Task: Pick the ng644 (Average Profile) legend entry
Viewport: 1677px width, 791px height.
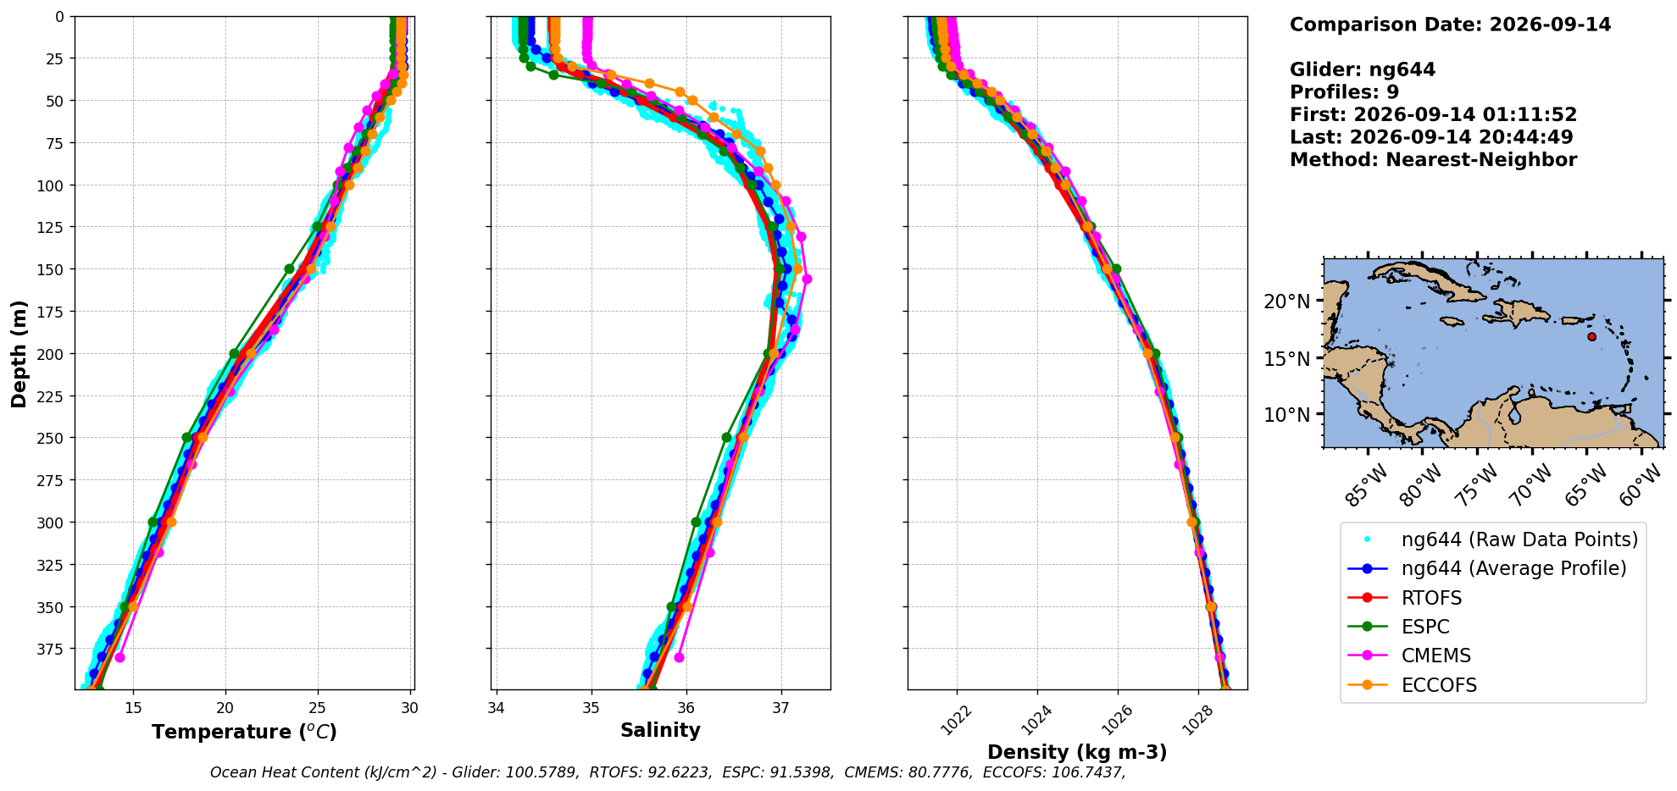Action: coord(1487,568)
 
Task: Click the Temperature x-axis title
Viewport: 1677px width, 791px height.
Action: coord(244,732)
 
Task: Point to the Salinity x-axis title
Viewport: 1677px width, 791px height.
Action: coord(660,731)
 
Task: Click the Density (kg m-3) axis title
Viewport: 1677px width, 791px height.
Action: coord(1077,752)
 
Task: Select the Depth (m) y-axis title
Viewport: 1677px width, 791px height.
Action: coord(19,353)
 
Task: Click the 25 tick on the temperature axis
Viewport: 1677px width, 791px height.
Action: coord(318,708)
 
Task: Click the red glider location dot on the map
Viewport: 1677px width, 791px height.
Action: coord(1591,336)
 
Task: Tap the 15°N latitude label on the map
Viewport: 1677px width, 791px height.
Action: coord(1286,359)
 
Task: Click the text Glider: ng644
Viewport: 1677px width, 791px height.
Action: coord(1363,69)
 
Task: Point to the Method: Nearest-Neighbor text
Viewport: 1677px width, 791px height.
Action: coord(1433,159)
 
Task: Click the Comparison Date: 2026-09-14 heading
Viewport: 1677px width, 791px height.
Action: coord(1450,25)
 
